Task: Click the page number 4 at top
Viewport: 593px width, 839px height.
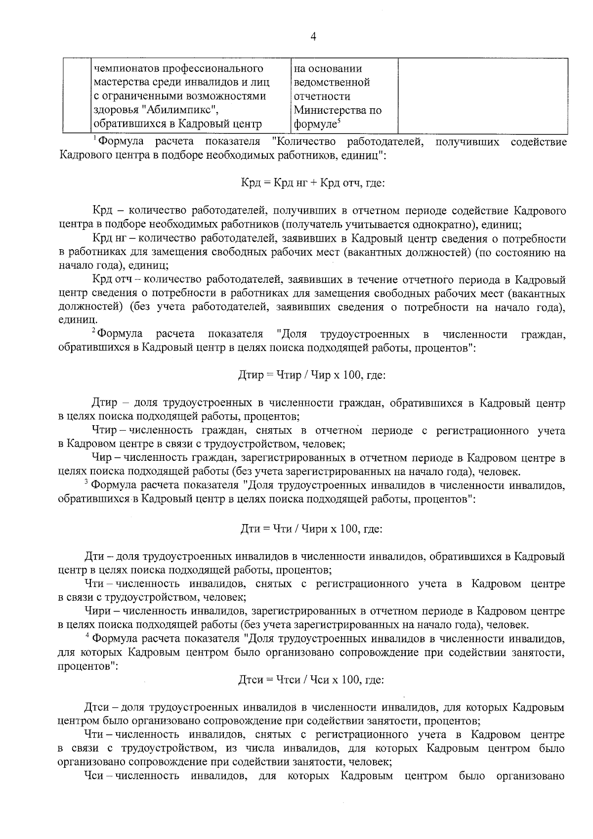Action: click(x=313, y=37)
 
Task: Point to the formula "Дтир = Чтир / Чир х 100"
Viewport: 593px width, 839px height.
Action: click(x=312, y=375)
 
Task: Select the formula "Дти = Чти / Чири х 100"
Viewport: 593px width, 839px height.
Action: click(x=311, y=529)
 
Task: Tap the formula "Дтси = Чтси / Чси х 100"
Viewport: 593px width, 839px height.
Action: click(x=311, y=680)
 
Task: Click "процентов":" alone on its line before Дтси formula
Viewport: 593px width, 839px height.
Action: click(x=87, y=666)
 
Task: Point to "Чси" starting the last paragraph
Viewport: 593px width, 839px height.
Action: click(x=93, y=776)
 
